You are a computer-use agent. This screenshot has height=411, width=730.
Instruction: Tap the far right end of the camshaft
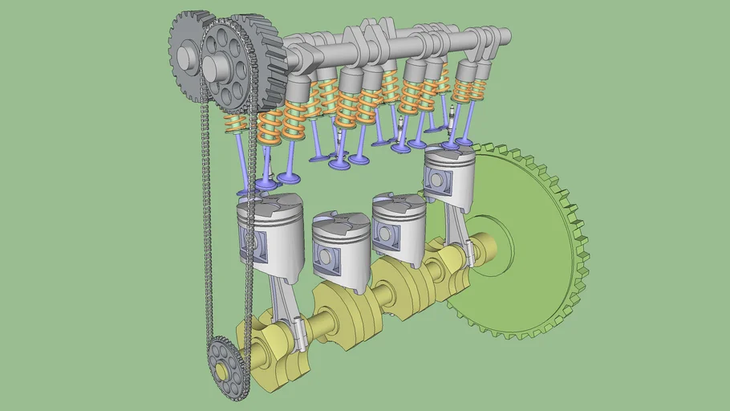pyautogui.click(x=503, y=36)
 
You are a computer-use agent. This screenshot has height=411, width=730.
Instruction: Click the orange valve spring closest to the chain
pyautogui.click(x=235, y=124)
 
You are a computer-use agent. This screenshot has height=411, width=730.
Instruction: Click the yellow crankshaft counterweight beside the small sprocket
pyautogui.click(x=265, y=353)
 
